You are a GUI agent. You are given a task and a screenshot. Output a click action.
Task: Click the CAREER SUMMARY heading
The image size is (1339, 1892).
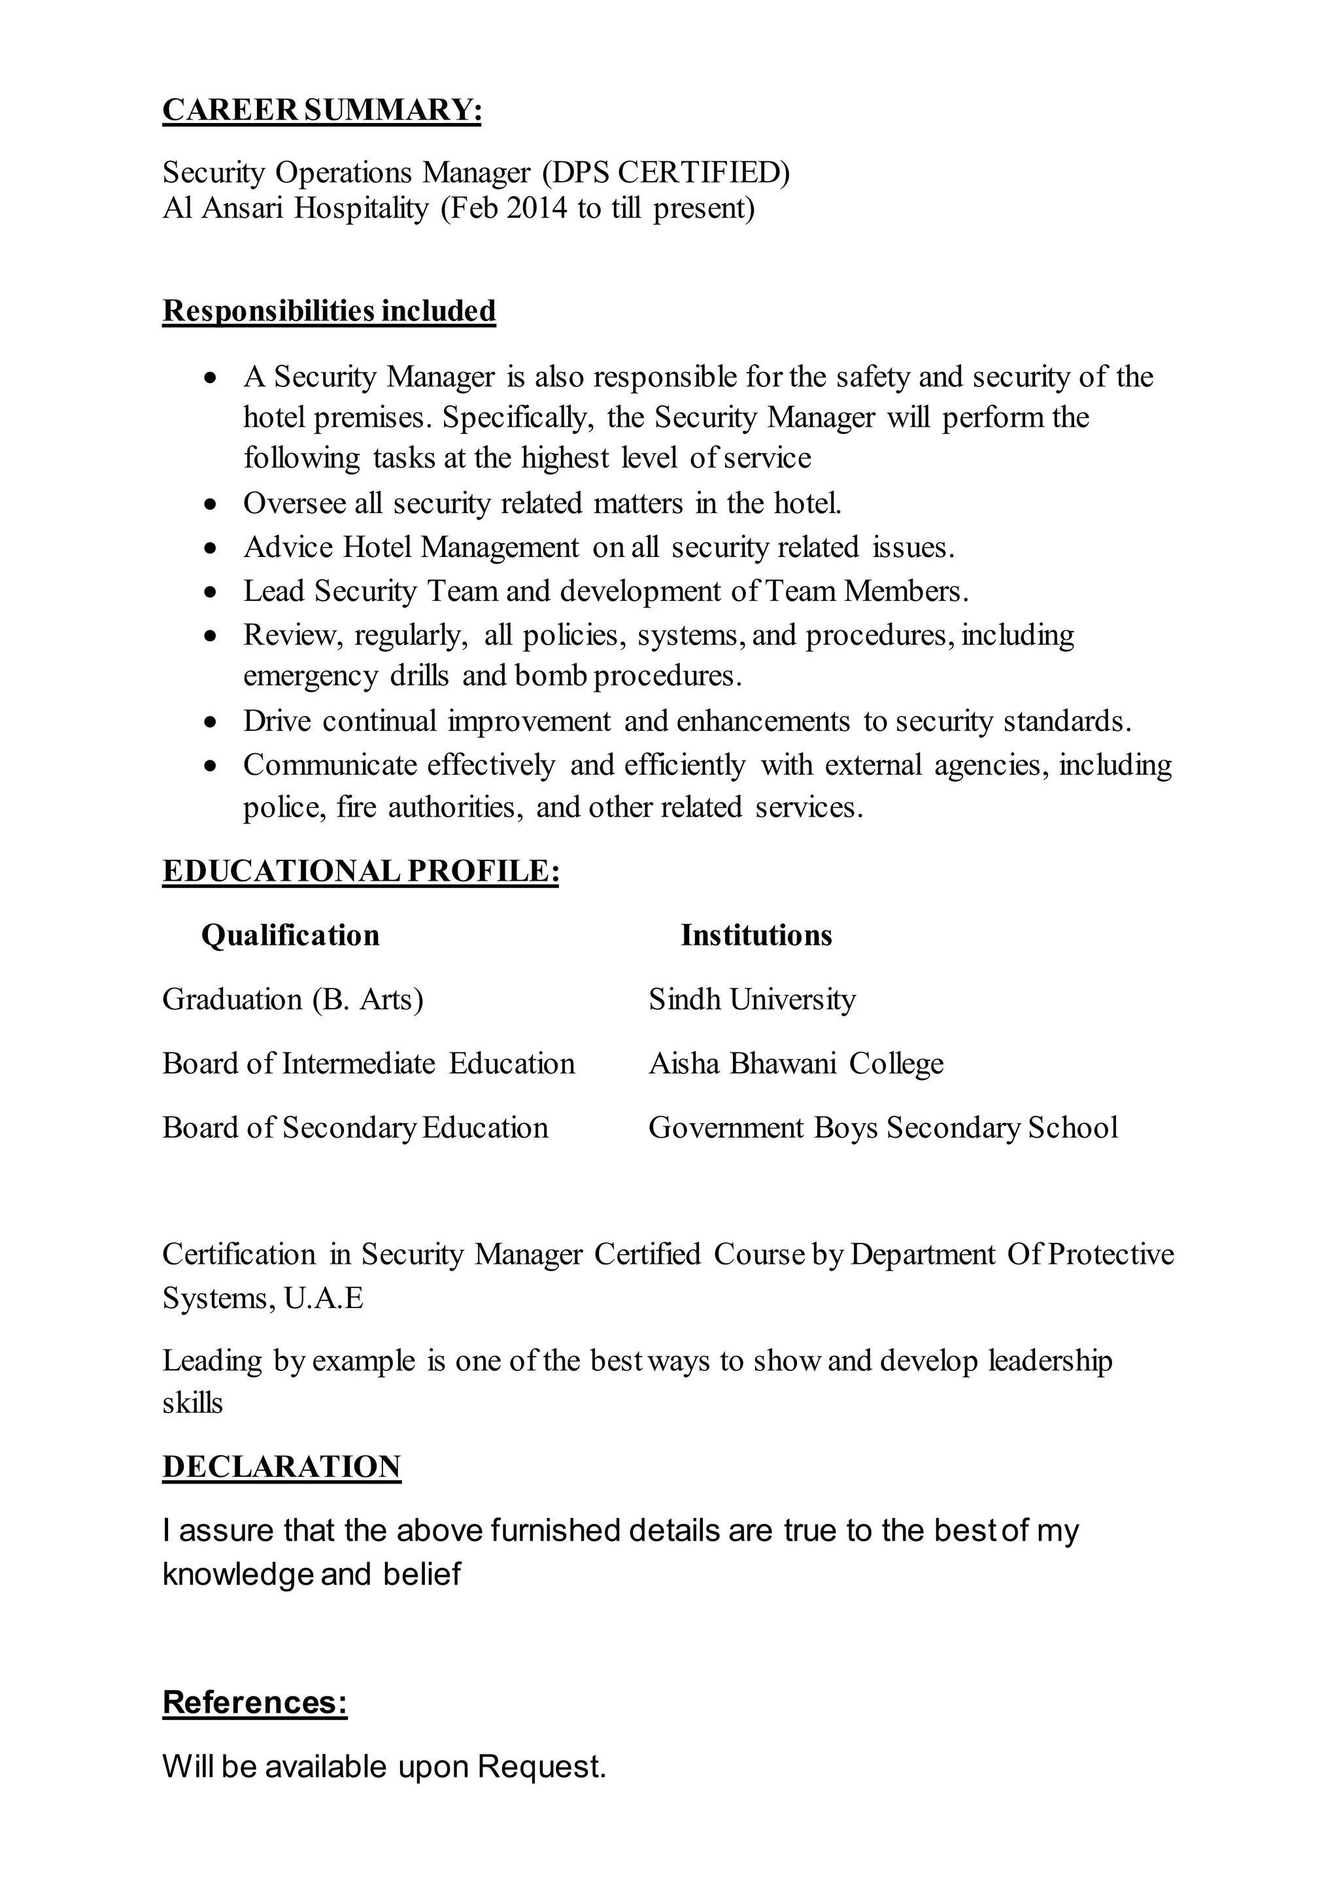pyautogui.click(x=322, y=110)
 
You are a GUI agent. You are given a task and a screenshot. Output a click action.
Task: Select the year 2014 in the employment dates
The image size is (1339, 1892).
pyautogui.click(x=537, y=208)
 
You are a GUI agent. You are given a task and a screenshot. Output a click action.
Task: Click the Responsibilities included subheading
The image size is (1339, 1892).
pyautogui.click(x=329, y=311)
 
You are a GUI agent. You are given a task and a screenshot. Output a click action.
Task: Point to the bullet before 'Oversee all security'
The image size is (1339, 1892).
pyautogui.click(x=212, y=503)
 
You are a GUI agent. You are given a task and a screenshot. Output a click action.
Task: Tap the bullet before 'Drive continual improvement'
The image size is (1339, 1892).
pyautogui.click(x=212, y=721)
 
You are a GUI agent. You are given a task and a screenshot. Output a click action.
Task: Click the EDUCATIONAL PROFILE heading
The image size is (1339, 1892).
pyautogui.click(x=360, y=871)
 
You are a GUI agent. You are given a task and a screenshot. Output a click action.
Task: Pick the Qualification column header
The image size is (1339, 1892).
pyautogui.click(x=290, y=935)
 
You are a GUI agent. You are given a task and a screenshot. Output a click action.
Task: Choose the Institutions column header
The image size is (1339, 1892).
pyautogui.click(x=756, y=935)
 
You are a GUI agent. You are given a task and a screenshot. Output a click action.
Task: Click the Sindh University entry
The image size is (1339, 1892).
pyautogui.click(x=752, y=999)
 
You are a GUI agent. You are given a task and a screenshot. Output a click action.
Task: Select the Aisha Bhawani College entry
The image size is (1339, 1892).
pyautogui.click(x=796, y=1064)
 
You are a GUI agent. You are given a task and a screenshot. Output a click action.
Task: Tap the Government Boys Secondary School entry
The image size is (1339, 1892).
pyautogui.click(x=883, y=1128)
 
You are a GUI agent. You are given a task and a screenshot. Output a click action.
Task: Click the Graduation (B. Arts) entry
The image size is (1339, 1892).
pyautogui.click(x=293, y=999)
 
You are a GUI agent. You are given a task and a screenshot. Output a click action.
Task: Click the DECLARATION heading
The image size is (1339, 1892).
pyautogui.click(x=281, y=1466)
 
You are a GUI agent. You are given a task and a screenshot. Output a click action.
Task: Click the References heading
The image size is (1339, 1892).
pyautogui.click(x=255, y=1702)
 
